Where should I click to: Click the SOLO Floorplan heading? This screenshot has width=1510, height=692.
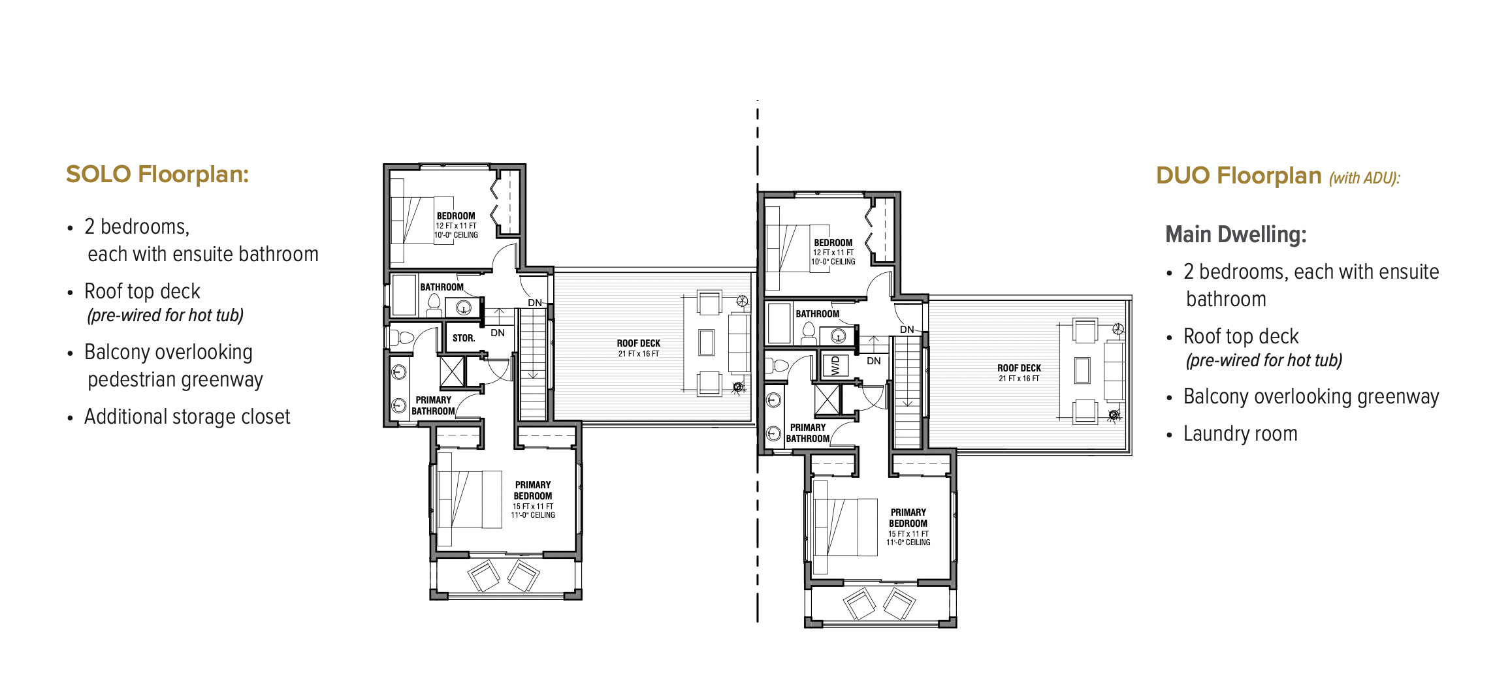tap(157, 175)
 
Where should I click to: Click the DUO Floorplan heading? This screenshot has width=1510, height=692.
tap(1239, 176)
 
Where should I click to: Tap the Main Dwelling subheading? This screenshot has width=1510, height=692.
tap(1236, 234)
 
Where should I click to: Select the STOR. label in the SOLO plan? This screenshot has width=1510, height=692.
tap(464, 338)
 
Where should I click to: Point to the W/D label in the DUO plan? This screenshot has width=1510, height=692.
tap(835, 366)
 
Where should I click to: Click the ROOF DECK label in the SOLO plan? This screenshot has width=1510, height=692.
tap(639, 343)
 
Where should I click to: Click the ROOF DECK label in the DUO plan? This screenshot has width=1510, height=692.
tap(1019, 368)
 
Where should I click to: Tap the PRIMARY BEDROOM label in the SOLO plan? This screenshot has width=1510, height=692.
tap(533, 490)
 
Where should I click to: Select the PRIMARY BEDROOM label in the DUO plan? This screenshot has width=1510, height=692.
tap(908, 518)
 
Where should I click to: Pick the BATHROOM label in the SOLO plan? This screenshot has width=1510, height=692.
tap(442, 287)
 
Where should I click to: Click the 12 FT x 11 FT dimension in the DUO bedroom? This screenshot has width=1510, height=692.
tap(833, 253)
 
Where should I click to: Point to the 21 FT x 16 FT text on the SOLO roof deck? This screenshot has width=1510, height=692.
tap(639, 354)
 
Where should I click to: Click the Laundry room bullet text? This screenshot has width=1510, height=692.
tap(1240, 433)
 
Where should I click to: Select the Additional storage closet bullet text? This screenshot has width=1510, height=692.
tap(187, 417)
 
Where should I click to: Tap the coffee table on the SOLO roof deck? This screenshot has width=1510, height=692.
tap(707, 342)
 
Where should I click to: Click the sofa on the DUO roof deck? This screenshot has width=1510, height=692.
tap(1114, 371)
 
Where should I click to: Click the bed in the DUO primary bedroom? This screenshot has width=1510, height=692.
tap(844, 527)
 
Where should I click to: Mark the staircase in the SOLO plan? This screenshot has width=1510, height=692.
tap(533, 364)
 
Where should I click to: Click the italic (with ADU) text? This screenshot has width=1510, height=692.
tap(1364, 178)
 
